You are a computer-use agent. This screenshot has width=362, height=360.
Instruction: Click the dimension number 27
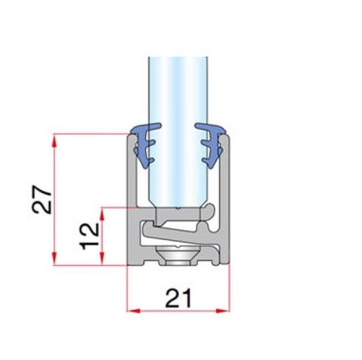pyautogui.click(x=42, y=199)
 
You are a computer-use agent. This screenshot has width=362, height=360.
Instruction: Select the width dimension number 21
pyautogui.click(x=179, y=298)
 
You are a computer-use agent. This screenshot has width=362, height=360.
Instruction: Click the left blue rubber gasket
pyautogui.click(x=145, y=145)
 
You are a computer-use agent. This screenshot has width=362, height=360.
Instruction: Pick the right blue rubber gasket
pyautogui.click(x=212, y=145)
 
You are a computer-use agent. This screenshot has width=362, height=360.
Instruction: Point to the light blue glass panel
pyautogui.click(x=179, y=121)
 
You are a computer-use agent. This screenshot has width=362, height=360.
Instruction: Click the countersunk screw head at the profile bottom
pyautogui.click(x=179, y=254)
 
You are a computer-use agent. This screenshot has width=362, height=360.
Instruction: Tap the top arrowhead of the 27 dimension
pyautogui.click(x=55, y=140)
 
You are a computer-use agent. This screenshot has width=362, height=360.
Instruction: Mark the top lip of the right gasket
pyautogui.click(x=211, y=128)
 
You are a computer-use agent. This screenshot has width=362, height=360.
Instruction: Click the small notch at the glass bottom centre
pyautogui.click(x=179, y=208)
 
